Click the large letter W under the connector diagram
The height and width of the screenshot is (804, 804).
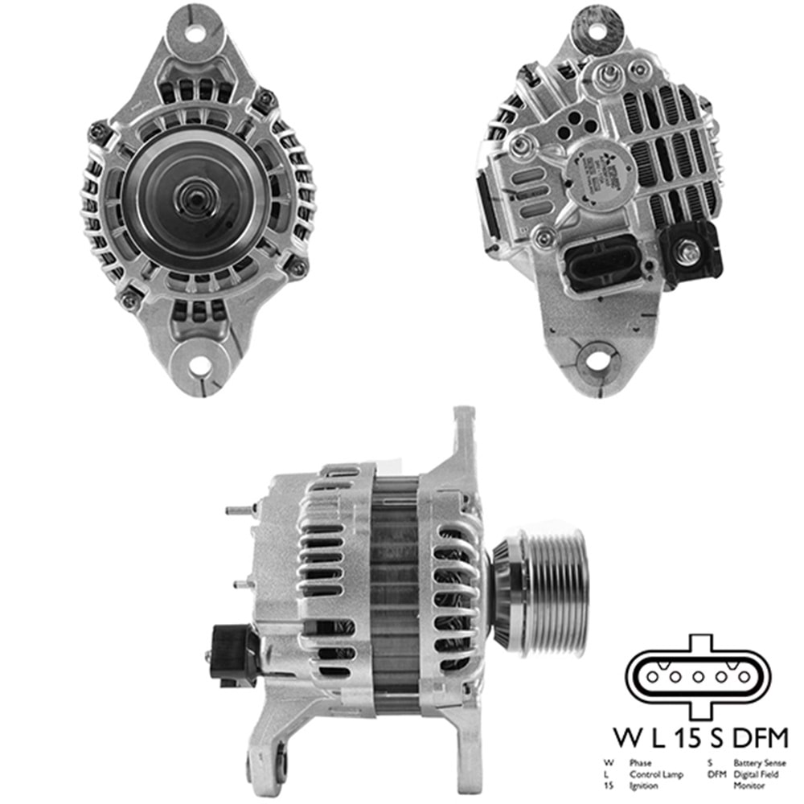click(629, 737)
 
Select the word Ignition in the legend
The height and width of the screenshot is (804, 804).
click(645, 786)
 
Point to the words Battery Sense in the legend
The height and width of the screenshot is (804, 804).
click(760, 762)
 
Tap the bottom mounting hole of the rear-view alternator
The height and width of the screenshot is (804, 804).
click(597, 362)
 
